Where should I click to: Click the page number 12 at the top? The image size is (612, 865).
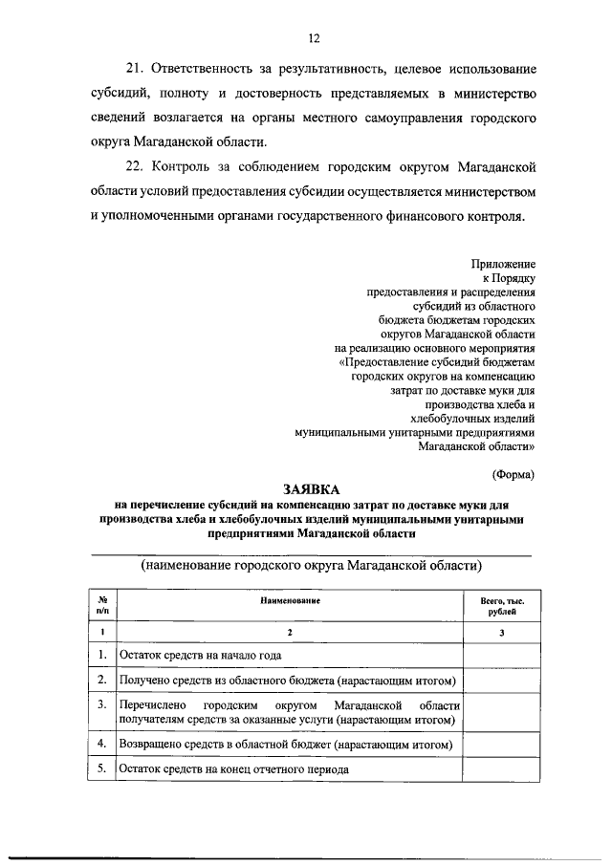[312, 38]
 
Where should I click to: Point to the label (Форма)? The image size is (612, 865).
[513, 472]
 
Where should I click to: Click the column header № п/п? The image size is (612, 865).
[102, 604]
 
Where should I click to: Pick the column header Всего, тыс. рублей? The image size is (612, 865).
[502, 604]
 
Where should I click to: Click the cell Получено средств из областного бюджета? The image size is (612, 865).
[285, 680]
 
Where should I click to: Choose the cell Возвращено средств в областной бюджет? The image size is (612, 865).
[284, 743]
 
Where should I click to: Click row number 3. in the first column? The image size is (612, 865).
[102, 704]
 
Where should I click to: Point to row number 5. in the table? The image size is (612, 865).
[102, 767]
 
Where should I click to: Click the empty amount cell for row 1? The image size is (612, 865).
[502, 655]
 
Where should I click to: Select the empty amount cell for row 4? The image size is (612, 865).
[502, 743]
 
